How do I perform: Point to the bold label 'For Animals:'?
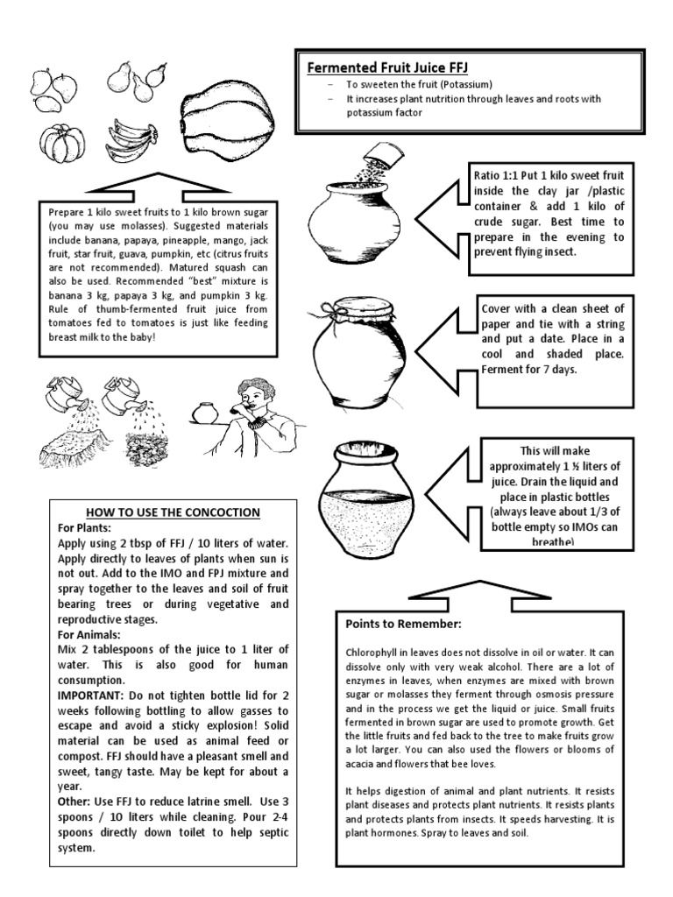coord(90,633)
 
